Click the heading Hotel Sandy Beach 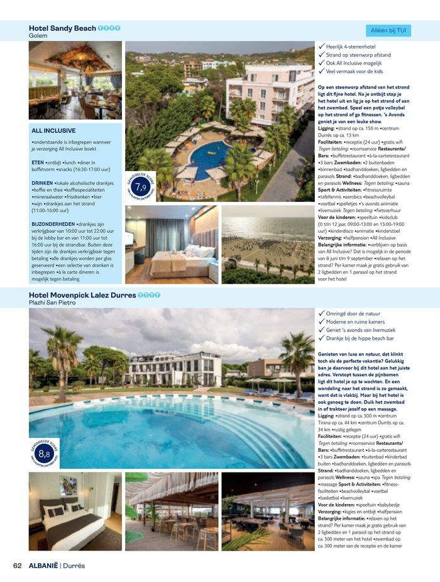(x=62, y=28)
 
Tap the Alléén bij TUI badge (x=388, y=30)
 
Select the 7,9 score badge (x=141, y=186)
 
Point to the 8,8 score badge (x=44, y=453)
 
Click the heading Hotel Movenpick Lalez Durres (x=82, y=294)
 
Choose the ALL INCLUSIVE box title (x=53, y=131)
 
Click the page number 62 (x=18, y=565)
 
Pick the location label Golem (x=38, y=36)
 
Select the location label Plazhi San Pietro (x=52, y=303)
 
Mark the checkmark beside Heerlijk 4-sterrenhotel (x=321, y=46)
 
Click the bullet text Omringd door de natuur (x=355, y=313)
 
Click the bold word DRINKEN (x=42, y=183)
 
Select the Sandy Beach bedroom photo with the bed (x=171, y=244)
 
